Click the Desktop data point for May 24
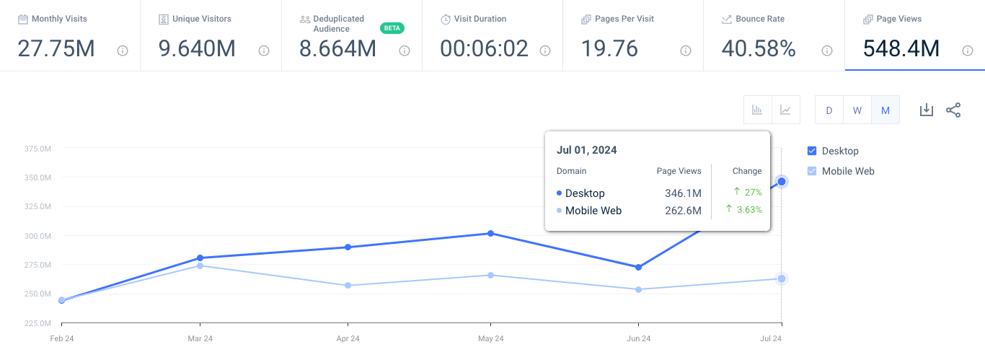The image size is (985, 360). pyautogui.click(x=491, y=233)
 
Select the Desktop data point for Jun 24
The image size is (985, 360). pyautogui.click(x=638, y=267)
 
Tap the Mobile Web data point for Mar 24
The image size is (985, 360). pyautogui.click(x=200, y=265)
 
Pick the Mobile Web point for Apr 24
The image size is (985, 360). pyautogui.click(x=348, y=285)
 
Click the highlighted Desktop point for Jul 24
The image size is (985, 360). pyautogui.click(x=782, y=181)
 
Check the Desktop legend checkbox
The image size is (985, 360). pyautogui.click(x=812, y=151)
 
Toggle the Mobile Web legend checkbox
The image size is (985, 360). pyautogui.click(x=812, y=171)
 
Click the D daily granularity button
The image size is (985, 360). pyautogui.click(x=829, y=110)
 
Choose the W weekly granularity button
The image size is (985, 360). pyautogui.click(x=857, y=110)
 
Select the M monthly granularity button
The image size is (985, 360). pyautogui.click(x=885, y=110)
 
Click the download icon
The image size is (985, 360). pyautogui.click(x=927, y=110)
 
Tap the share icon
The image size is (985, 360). pyautogui.click(x=953, y=110)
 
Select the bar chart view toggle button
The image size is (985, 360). pyautogui.click(x=757, y=110)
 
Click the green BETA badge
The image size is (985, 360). pyautogui.click(x=392, y=28)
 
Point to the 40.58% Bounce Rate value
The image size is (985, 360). pyautogui.click(x=759, y=48)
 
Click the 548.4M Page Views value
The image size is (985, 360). pyautogui.click(x=901, y=48)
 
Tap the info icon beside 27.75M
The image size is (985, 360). pyautogui.click(x=123, y=51)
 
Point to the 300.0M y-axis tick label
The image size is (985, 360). pyautogui.click(x=37, y=236)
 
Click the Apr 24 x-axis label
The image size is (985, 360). pyautogui.click(x=348, y=338)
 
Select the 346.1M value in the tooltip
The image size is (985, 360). pyautogui.click(x=683, y=193)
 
